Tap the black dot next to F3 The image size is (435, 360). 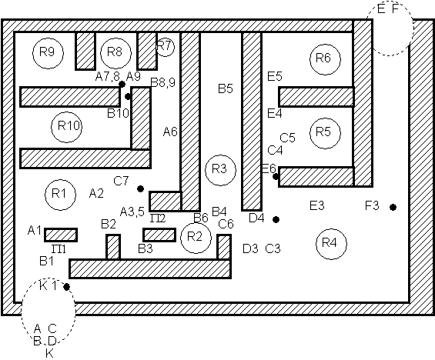(x=393, y=207)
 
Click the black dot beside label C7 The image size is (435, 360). (x=140, y=188)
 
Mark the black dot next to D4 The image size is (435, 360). (x=276, y=219)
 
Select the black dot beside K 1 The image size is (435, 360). (x=66, y=287)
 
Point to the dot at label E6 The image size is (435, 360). (x=276, y=176)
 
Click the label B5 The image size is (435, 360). (x=226, y=88)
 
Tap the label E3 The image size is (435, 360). (x=316, y=205)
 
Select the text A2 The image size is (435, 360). (x=96, y=193)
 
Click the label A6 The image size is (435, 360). (x=170, y=132)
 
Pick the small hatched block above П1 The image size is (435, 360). (x=61, y=235)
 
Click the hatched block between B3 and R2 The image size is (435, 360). (x=159, y=235)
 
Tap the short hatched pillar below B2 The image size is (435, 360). (x=113, y=247)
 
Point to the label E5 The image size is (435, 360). (x=275, y=76)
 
